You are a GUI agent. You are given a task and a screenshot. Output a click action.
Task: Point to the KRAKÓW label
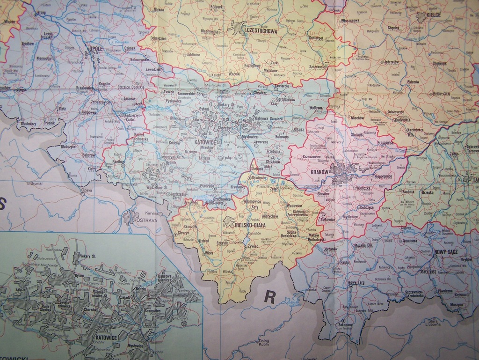320,172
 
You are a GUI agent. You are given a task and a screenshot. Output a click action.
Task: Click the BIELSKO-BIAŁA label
250,225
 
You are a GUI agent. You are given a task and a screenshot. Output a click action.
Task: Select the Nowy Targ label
356,283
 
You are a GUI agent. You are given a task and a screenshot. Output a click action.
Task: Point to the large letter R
269,296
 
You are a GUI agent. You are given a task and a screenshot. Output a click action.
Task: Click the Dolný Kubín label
263,343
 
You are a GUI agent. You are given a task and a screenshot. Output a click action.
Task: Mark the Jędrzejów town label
391,62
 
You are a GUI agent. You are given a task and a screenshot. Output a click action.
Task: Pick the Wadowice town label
294,206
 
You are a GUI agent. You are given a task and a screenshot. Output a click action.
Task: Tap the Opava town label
86,191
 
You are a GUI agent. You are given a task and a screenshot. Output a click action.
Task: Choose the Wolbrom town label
316,108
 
